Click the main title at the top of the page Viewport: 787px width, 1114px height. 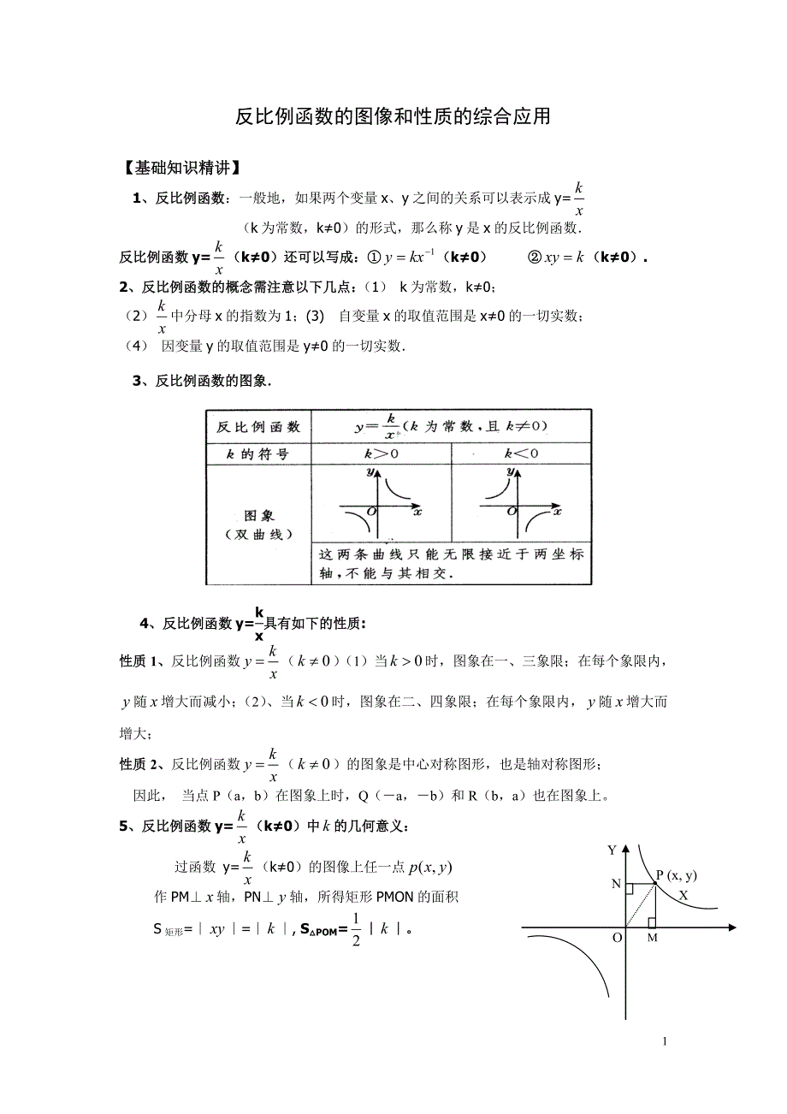[x=393, y=116]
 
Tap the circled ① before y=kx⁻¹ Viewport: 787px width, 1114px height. [x=373, y=257]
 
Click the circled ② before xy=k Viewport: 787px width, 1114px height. [x=535, y=257]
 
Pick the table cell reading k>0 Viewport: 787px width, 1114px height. [x=381, y=454]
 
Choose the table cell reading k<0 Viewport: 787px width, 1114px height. [x=520, y=454]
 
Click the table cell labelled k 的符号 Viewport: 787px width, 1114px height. [x=257, y=454]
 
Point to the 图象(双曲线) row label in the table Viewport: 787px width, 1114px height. [x=258, y=525]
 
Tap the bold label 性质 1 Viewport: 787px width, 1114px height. [x=138, y=661]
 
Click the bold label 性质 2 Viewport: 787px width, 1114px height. [x=138, y=763]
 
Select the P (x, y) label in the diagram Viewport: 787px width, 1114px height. [x=677, y=874]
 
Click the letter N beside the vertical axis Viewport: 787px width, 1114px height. [x=616, y=884]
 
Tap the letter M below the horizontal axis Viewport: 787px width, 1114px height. [x=653, y=939]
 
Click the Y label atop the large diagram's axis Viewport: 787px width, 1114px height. [x=612, y=850]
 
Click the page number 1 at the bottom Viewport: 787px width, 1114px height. [x=665, y=1041]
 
